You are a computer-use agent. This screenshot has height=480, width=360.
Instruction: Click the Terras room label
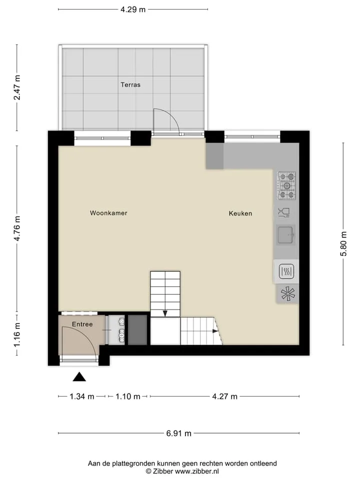pyautogui.click(x=130, y=85)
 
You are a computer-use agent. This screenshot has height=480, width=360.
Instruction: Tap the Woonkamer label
pyautogui.click(x=108, y=213)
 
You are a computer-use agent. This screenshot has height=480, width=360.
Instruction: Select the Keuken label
pyautogui.click(x=240, y=213)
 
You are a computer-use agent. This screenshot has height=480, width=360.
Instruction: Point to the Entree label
pyautogui.click(x=82, y=324)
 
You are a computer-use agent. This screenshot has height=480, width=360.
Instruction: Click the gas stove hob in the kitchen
pyautogui.click(x=286, y=185)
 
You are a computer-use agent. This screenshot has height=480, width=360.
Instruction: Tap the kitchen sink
pyautogui.click(x=286, y=235)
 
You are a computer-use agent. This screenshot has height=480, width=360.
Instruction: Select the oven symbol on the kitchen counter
pyautogui.click(x=286, y=271)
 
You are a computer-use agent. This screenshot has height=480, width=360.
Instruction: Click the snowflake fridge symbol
pyautogui.click(x=288, y=294)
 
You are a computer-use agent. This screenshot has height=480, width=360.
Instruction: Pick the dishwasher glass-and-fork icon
pyautogui.click(x=284, y=212)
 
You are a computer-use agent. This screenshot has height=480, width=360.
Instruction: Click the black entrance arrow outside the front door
pyautogui.click(x=79, y=377)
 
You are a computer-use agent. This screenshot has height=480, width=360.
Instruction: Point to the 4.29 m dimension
pyautogui.click(x=133, y=9)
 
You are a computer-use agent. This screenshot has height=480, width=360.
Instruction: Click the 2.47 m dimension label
pyautogui.click(x=17, y=87)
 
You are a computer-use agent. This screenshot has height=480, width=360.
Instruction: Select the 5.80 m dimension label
pyautogui.click(x=344, y=243)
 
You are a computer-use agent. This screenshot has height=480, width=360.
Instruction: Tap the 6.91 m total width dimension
pyautogui.click(x=179, y=433)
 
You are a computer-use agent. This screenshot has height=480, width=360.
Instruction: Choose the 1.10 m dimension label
pyautogui.click(x=127, y=396)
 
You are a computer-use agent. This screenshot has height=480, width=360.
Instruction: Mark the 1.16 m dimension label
pyautogui.click(x=17, y=334)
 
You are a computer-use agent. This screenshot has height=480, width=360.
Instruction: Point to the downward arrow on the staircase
pyautogui.click(x=165, y=313)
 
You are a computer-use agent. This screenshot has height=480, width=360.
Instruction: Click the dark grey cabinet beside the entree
pyautogui.click(x=137, y=330)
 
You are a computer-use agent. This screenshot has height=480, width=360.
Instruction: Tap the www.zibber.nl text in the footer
pyautogui.click(x=196, y=471)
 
